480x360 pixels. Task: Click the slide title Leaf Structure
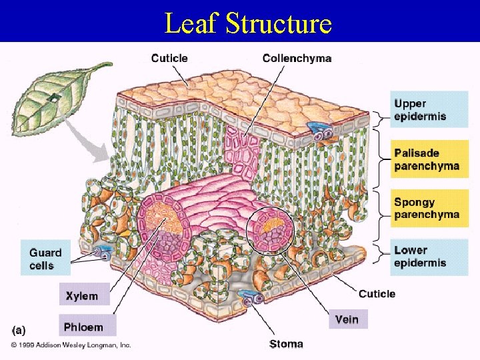(248, 23)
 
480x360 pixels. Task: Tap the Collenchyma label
(297, 59)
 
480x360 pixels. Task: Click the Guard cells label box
(45, 258)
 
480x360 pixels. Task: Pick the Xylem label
(81, 295)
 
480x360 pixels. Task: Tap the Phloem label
(83, 327)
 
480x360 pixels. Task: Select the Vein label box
(347, 319)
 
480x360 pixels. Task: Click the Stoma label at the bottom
(286, 344)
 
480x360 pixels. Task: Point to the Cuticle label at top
(169, 59)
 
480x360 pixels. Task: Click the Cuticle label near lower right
(377, 294)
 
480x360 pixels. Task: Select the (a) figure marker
(19, 329)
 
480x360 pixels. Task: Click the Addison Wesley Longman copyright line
(71, 345)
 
